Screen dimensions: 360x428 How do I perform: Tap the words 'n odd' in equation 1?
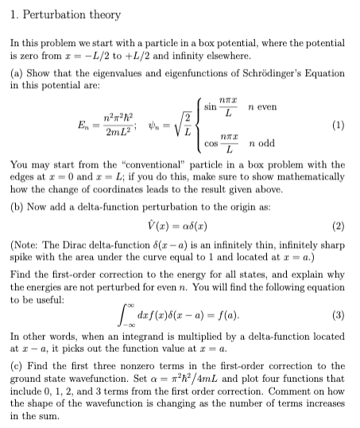(265, 145)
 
